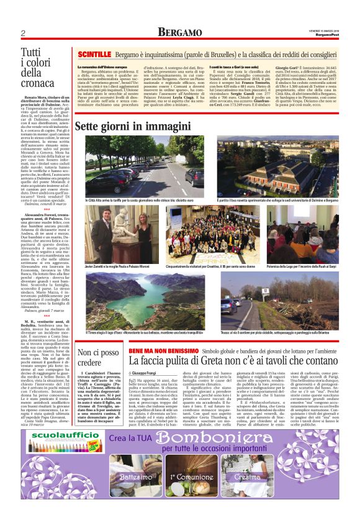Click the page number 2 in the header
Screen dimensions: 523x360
pos(22,33)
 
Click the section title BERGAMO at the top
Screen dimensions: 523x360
pos(179,32)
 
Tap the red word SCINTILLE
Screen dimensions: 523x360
pos(94,55)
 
